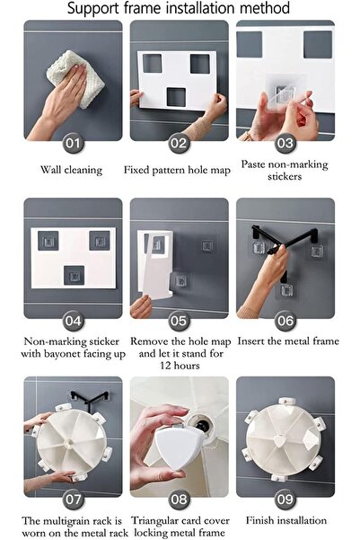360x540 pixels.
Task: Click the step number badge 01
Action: [73, 143]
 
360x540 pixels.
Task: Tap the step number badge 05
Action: [179, 321]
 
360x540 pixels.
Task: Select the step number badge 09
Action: [285, 499]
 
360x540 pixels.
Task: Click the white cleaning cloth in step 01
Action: [75, 78]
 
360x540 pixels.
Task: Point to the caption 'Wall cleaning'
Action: [71, 170]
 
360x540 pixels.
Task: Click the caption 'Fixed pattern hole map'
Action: [177, 170]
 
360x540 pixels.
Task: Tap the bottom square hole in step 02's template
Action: [176, 97]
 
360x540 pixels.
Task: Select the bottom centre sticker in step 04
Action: [74, 276]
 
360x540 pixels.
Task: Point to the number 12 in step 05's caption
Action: [166, 366]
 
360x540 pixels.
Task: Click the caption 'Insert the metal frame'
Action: [288, 341]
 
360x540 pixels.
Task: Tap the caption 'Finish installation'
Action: [286, 520]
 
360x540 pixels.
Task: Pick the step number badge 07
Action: [73, 499]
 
